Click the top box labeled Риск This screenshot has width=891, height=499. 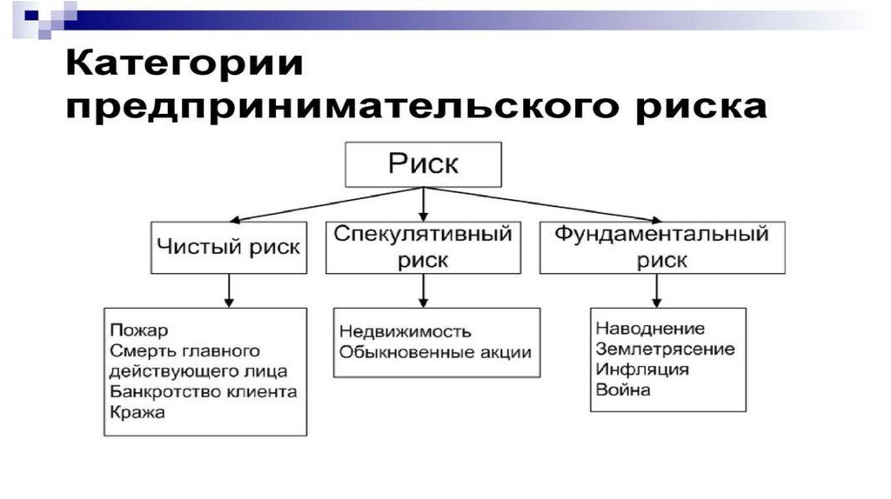pyautogui.click(x=423, y=164)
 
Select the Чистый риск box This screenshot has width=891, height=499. pyautogui.click(x=229, y=247)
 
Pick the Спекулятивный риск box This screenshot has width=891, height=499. pyautogui.click(x=423, y=247)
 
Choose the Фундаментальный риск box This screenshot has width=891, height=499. pyautogui.click(x=662, y=247)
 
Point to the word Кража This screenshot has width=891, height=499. pyautogui.click(x=137, y=412)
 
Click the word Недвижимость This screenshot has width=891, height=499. pyautogui.click(x=405, y=331)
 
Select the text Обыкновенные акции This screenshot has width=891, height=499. pyautogui.click(x=435, y=352)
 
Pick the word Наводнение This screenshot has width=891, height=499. pyautogui.click(x=650, y=329)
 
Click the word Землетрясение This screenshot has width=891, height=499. pyautogui.click(x=666, y=349)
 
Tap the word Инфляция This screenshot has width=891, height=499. pyautogui.click(x=642, y=369)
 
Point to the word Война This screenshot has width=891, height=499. pyautogui.click(x=623, y=390)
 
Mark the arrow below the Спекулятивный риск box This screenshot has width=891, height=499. pyautogui.click(x=423, y=290)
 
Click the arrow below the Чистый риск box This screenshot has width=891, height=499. pyautogui.click(x=229, y=290)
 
